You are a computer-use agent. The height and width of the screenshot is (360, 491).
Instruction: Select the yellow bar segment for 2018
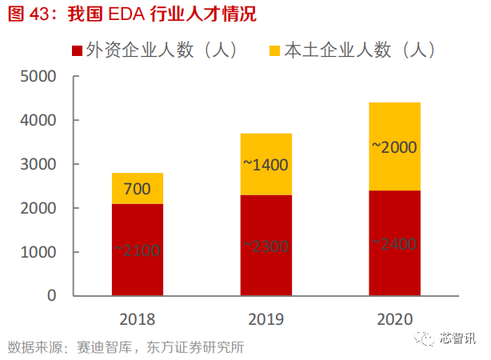coord(137,189)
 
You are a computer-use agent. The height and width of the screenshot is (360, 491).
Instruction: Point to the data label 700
coord(137,190)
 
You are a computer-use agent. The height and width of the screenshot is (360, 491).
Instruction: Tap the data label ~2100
coord(137,250)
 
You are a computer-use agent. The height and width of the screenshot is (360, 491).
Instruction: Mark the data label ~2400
coord(394,244)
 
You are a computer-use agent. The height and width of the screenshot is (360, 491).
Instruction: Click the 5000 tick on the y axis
coord(38,77)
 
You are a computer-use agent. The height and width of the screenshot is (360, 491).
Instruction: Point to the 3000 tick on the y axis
coord(38,165)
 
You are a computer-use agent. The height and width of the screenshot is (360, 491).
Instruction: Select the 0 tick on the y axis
coord(51,296)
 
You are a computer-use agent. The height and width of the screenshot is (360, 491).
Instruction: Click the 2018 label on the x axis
coord(137,320)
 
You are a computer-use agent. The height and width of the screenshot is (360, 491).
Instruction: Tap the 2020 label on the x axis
coord(394,320)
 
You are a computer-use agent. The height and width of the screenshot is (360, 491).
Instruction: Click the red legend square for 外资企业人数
coord(78,50)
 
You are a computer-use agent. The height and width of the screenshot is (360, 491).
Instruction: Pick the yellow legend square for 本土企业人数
coord(274,50)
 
